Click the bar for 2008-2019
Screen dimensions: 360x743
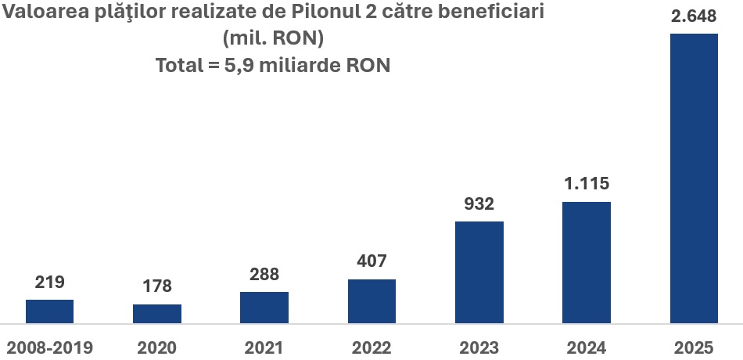(49, 311)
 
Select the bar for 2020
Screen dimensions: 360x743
(157, 314)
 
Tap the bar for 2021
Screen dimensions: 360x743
(264, 308)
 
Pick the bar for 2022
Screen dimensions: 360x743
(371, 301)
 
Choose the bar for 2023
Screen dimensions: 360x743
(479, 272)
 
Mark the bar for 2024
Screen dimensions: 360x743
(587, 262)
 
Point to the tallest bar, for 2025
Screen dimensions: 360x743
(694, 178)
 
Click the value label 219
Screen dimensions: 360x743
(49, 282)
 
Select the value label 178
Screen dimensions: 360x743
(157, 286)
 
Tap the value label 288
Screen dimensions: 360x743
(264, 275)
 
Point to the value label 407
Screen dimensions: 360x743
(371, 261)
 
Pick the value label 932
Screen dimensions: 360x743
(479, 204)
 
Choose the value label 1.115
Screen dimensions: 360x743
(587, 185)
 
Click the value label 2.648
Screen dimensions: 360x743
(694, 16)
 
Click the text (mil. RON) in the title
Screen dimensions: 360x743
(273, 38)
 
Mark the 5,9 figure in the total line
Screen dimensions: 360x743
(239, 65)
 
